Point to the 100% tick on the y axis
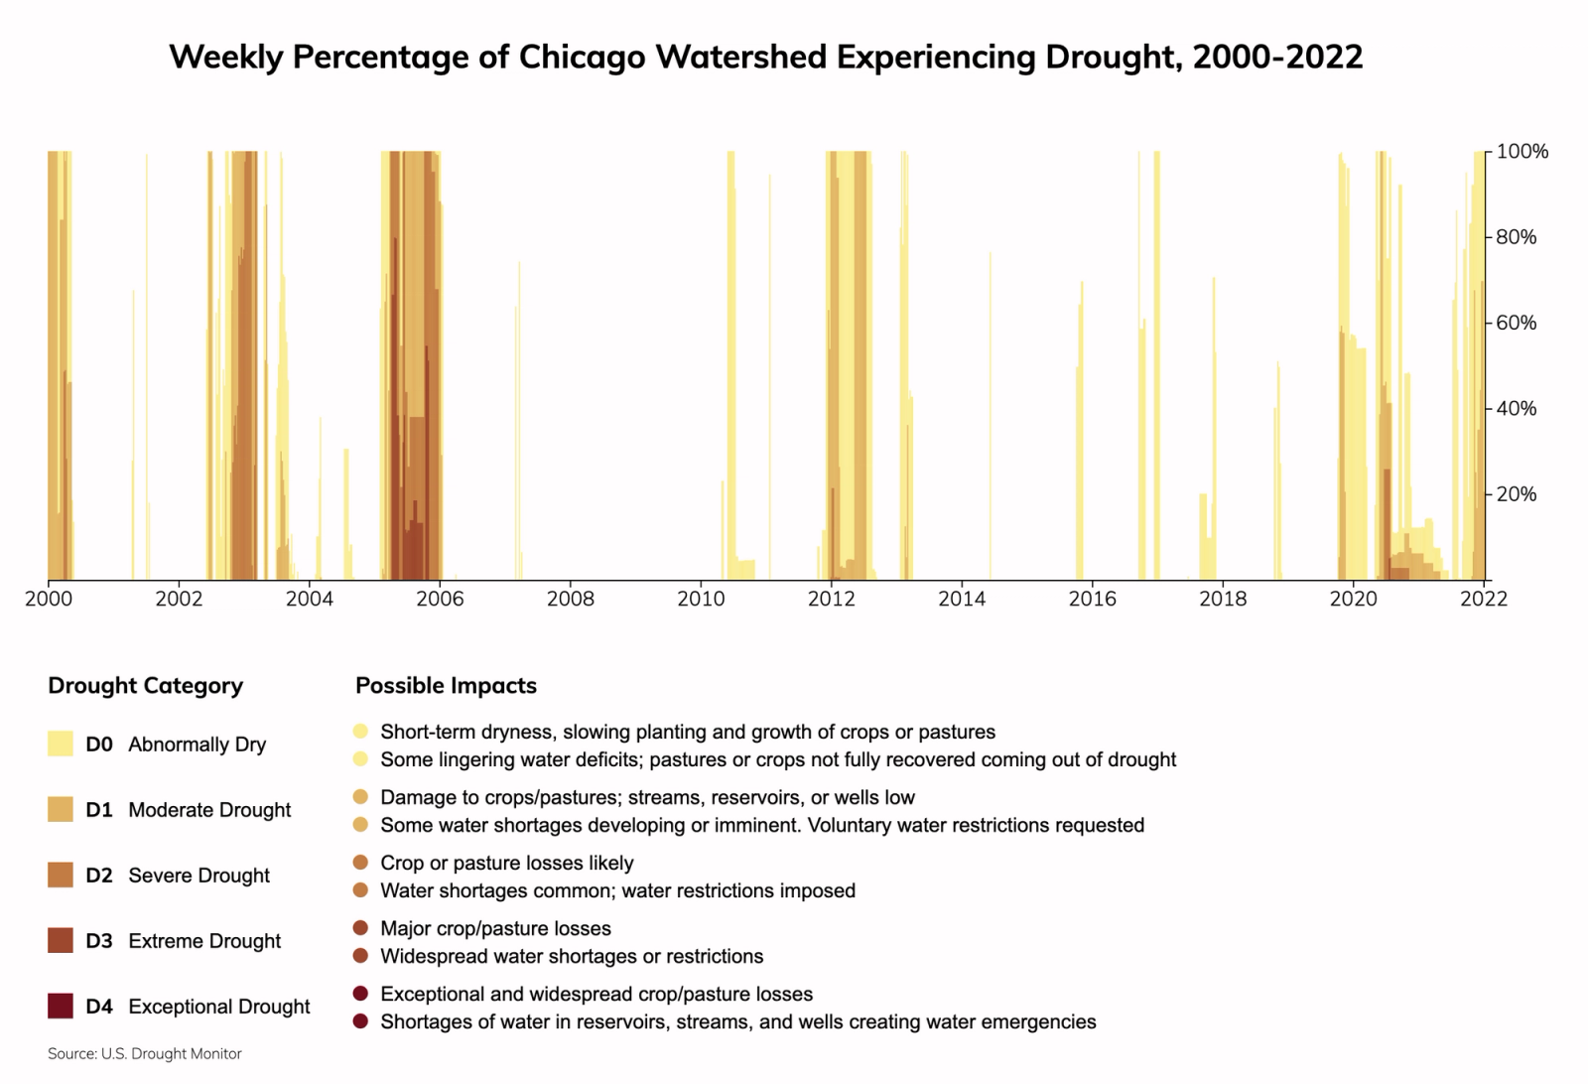pos(1522,152)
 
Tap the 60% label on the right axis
pos(1516,323)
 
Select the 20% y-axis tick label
pos(1516,494)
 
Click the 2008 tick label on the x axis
pos(571,599)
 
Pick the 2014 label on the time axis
pos(962,599)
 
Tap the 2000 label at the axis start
pos(48,599)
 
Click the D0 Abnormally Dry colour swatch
pos(61,744)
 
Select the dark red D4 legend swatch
pos(61,1006)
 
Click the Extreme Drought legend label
pos(204,941)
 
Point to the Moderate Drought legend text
pos(209,810)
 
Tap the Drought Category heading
pos(145,686)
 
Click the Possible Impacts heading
pos(446,686)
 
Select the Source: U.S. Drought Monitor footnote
pos(145,1053)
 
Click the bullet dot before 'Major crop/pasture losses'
pos(360,928)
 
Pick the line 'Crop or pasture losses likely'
pos(506,863)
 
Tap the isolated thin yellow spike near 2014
pos(990,417)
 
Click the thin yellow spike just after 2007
pos(518,417)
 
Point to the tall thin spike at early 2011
pos(769,377)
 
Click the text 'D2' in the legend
pos(99,876)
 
